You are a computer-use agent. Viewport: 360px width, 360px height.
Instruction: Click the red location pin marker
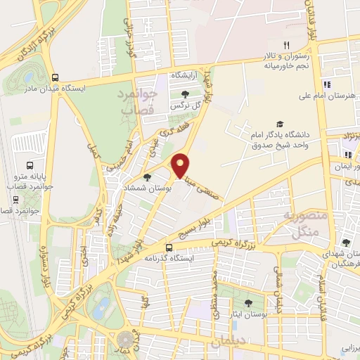(x=181, y=164)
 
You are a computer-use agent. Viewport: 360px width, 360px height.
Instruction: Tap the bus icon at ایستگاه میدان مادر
(x=55, y=78)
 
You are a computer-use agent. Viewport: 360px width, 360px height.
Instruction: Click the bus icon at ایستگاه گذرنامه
(x=169, y=247)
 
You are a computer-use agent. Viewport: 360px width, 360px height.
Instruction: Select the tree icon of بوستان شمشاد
(x=147, y=177)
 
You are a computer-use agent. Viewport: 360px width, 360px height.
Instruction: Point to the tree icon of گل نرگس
(x=185, y=94)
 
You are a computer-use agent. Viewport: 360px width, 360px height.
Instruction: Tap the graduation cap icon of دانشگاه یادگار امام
(x=280, y=124)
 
